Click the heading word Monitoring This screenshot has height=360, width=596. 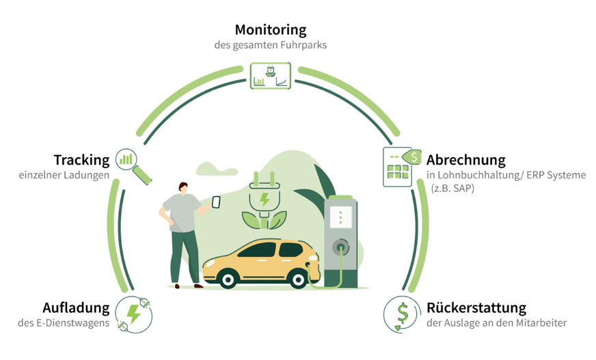[270, 30]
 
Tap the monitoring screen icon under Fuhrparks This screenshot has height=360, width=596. [271, 75]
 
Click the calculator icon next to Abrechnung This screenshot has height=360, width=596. [399, 165]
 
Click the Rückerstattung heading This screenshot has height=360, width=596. [476, 307]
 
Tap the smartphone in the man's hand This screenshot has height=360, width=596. [216, 202]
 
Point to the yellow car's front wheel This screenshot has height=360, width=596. [296, 277]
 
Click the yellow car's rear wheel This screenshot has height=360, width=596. [226, 277]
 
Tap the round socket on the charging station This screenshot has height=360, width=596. [340, 245]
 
